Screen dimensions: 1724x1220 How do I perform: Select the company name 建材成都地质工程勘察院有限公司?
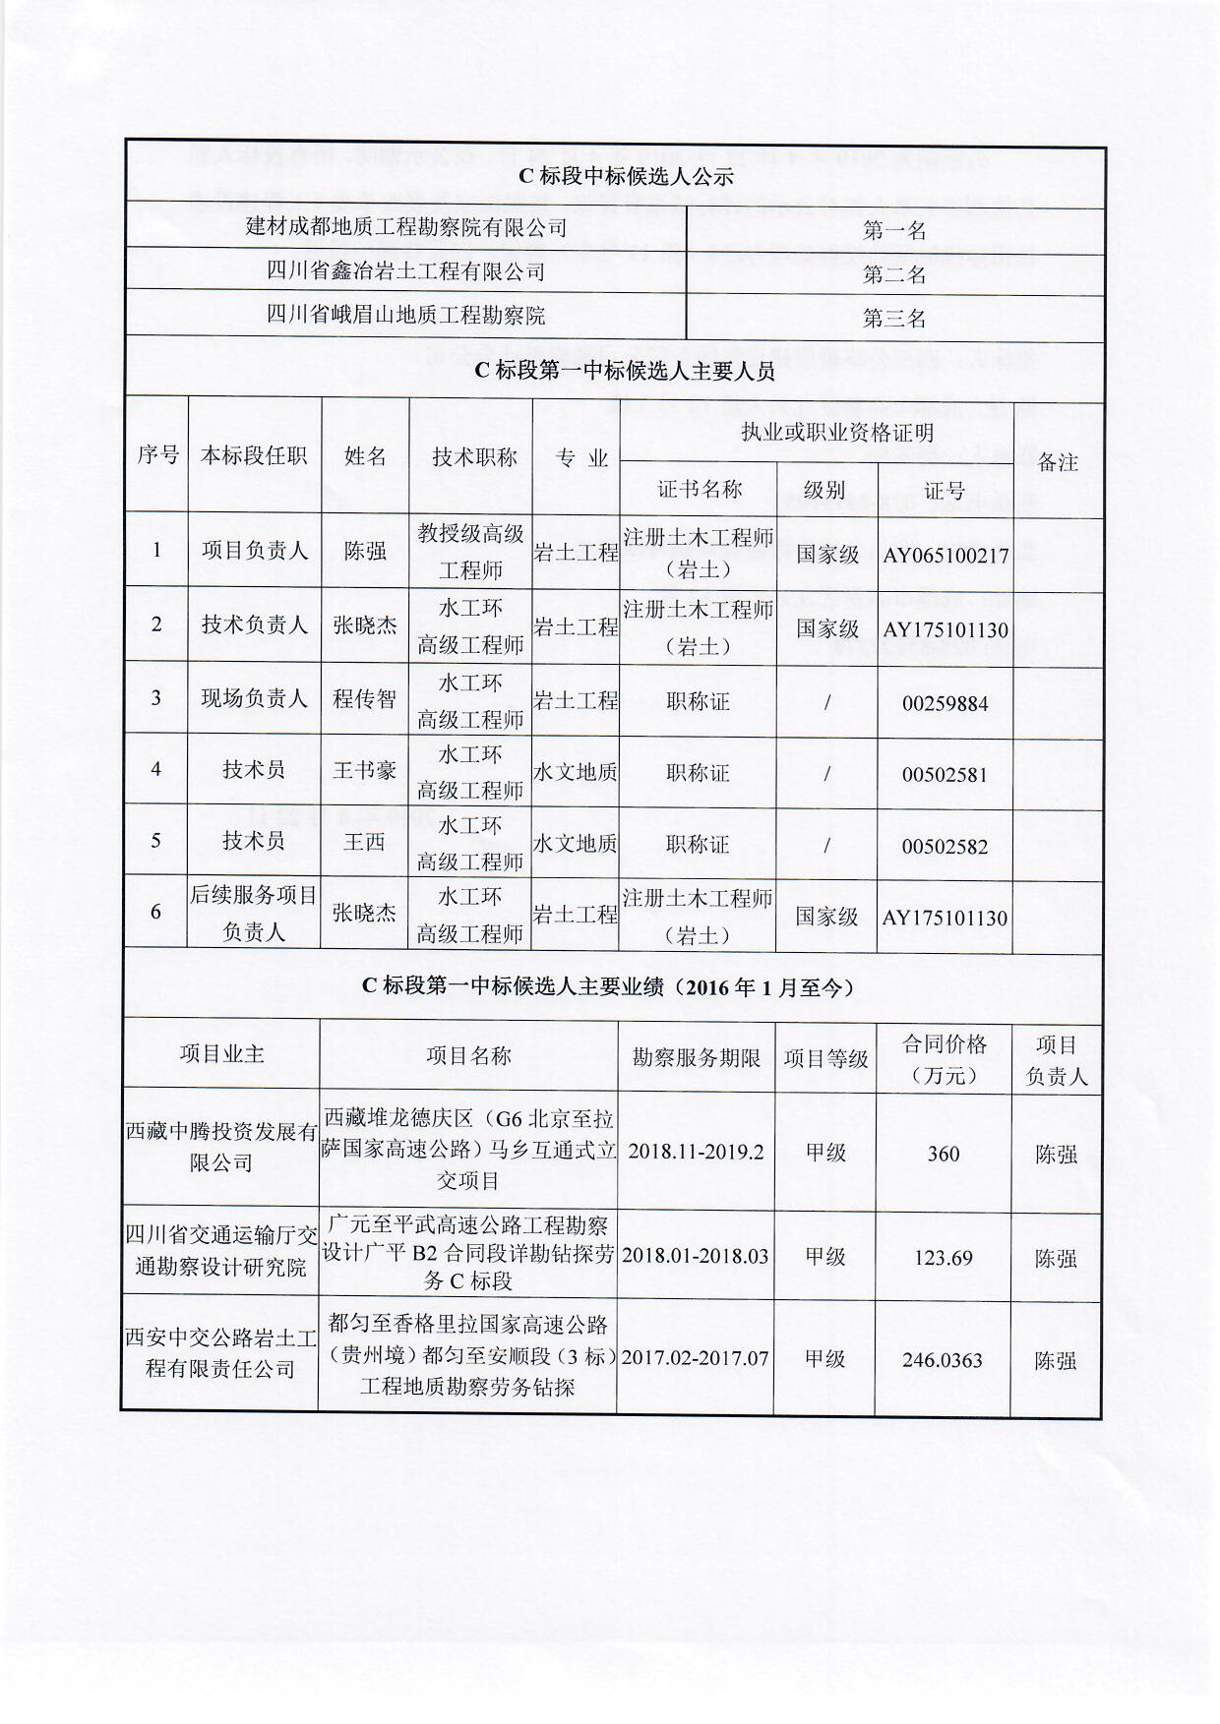[x=405, y=227]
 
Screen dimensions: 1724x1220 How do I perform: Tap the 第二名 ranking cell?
[x=894, y=274]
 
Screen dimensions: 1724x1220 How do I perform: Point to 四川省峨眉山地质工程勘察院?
[x=405, y=315]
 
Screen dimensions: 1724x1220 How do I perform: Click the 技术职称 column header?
[x=474, y=457]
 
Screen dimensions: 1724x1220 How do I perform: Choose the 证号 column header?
[x=945, y=491]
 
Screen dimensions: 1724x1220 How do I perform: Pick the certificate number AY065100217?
[x=945, y=556]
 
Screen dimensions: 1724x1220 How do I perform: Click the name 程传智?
[x=364, y=699]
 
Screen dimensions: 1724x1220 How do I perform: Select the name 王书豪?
[x=364, y=770]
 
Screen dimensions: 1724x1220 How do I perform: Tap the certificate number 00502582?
[x=945, y=847]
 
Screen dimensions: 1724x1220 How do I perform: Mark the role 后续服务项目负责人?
[x=254, y=913]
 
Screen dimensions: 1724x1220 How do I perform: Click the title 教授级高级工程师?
[x=470, y=552]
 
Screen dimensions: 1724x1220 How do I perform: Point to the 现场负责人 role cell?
[x=254, y=699]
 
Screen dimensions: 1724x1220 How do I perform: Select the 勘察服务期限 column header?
[x=696, y=1058]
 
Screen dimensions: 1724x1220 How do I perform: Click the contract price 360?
[x=943, y=1154]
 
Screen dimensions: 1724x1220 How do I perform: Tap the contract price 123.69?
[x=943, y=1258]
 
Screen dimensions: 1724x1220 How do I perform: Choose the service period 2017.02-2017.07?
[x=695, y=1359]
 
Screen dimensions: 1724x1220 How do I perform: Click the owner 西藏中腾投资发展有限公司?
[x=221, y=1148]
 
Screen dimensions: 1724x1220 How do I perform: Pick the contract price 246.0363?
[x=943, y=1361]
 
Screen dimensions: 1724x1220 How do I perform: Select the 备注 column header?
[x=1058, y=462]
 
